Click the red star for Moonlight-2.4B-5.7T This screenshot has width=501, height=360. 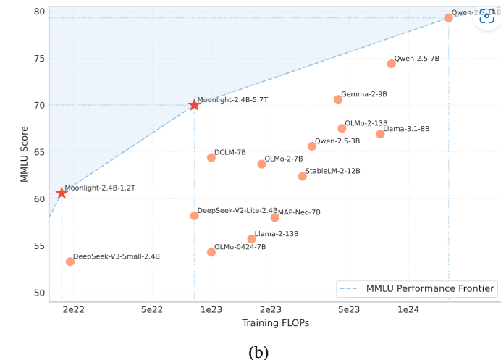tap(194, 105)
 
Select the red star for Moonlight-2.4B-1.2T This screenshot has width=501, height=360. tap(62, 193)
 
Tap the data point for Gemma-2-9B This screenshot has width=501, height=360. tap(338, 99)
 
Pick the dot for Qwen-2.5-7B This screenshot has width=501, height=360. tap(392, 64)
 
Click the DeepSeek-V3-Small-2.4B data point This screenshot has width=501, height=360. tap(70, 261)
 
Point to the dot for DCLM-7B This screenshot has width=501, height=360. tap(211, 157)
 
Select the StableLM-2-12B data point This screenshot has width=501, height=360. tap(303, 176)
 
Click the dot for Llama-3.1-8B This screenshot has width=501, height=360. tap(380, 134)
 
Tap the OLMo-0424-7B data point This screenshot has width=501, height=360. tap(211, 252)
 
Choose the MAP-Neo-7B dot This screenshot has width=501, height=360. tap(275, 217)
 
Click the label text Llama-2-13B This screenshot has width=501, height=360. tap(277, 234)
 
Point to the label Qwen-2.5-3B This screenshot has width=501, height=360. tap(337, 141)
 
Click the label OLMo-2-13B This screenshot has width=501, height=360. tap(366, 124)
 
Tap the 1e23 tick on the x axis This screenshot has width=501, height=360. tap(211, 309)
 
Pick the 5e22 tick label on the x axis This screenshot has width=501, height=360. tap(151, 309)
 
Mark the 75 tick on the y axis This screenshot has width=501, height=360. tap(37, 59)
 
